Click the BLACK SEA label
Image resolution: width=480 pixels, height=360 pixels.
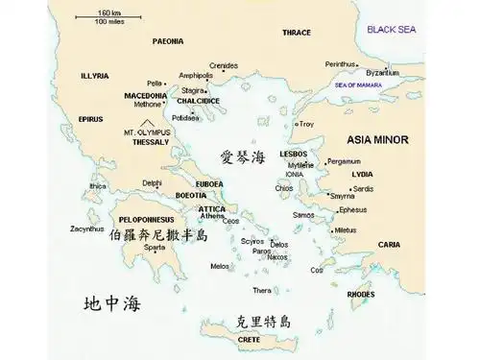point(393,30)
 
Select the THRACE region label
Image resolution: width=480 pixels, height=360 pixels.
point(297,33)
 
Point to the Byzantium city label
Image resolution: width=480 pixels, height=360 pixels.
point(382,73)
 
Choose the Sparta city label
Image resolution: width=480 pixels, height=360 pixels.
point(155,247)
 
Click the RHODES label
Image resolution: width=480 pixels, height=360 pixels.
point(361,294)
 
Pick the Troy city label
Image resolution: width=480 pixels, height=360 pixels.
point(307,124)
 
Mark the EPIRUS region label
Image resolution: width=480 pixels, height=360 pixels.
point(91,119)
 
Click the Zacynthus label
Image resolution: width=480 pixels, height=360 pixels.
point(87,228)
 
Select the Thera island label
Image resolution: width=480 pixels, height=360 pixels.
point(262,290)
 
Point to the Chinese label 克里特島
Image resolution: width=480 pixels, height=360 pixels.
point(263,322)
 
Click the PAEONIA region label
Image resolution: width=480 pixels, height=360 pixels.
point(168,42)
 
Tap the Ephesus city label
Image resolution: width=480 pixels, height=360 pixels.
point(352,209)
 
